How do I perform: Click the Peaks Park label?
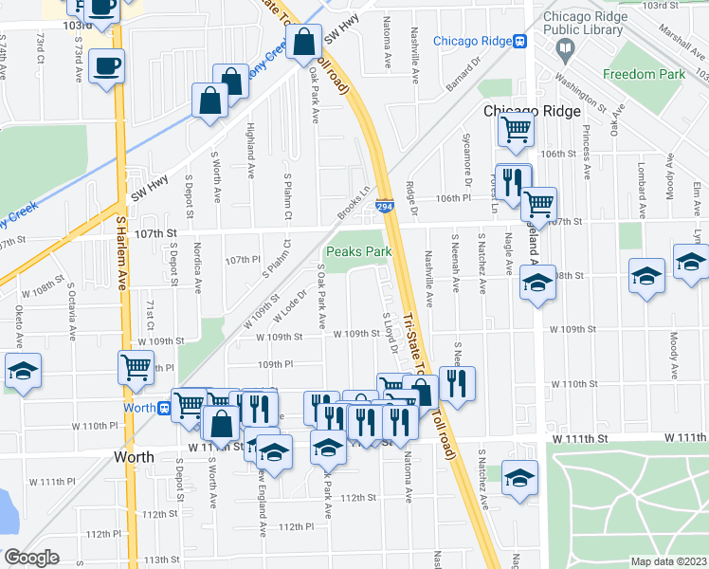(358, 252)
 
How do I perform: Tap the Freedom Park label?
(645, 74)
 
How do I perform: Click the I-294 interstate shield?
(384, 206)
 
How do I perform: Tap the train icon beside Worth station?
(164, 409)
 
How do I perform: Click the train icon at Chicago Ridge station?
(519, 41)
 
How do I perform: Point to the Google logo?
(31, 558)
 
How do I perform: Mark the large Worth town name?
(134, 456)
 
